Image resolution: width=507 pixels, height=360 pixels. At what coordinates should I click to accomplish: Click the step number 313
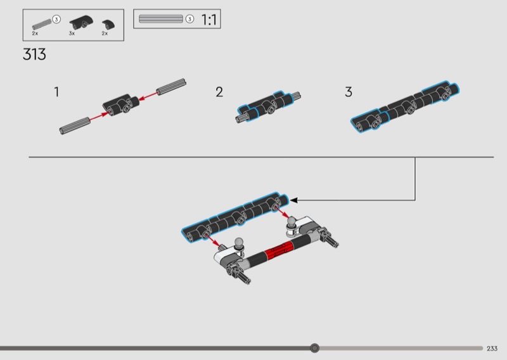click(34, 55)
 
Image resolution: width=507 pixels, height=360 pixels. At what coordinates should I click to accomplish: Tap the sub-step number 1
click(56, 92)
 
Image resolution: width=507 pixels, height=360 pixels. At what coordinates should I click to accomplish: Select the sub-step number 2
click(219, 92)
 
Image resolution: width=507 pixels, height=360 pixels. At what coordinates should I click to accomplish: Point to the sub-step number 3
click(348, 92)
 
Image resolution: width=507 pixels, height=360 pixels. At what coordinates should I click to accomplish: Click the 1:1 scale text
click(209, 20)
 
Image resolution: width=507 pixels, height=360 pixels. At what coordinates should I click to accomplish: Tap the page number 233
click(492, 349)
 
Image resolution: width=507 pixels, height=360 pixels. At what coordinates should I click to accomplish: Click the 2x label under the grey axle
click(35, 34)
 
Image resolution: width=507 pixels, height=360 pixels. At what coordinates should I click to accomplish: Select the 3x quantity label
click(72, 34)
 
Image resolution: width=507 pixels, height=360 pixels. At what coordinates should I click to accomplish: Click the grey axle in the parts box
click(42, 25)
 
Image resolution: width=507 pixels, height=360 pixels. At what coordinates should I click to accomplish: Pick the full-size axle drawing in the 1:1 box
click(161, 19)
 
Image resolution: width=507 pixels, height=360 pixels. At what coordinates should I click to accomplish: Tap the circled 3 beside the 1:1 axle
click(189, 19)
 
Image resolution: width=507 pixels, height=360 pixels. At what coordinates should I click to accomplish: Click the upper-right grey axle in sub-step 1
click(171, 87)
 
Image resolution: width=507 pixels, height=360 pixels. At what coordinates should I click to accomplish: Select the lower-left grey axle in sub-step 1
click(75, 125)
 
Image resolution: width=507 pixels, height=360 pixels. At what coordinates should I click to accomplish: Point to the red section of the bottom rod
click(278, 250)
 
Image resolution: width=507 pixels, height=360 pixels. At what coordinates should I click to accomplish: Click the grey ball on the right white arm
click(292, 221)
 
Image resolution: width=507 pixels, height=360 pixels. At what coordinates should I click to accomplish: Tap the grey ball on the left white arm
click(239, 242)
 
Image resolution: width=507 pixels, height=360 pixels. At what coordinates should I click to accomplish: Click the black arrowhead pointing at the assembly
click(293, 200)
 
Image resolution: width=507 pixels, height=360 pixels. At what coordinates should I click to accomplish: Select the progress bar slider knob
click(314, 348)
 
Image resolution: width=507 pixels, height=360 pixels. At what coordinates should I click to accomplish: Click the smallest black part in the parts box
click(108, 25)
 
